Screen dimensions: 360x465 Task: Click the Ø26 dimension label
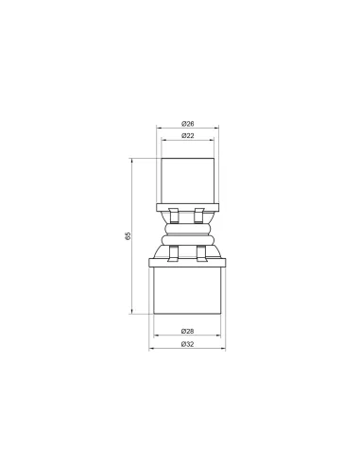pyautogui.click(x=188, y=124)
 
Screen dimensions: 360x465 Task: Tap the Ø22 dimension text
pyautogui.click(x=188, y=136)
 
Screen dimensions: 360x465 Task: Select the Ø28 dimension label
pyautogui.click(x=187, y=331)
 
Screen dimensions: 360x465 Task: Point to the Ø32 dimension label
pyautogui.click(x=187, y=344)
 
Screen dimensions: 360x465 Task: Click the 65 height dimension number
pyautogui.click(x=128, y=236)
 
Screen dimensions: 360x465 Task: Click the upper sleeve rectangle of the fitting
pyautogui.click(x=188, y=181)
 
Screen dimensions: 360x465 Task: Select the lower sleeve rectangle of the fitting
pyautogui.click(x=187, y=290)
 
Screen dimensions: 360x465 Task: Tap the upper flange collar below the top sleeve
pyautogui.click(x=188, y=207)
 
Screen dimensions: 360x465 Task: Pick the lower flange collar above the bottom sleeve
pyautogui.click(x=187, y=263)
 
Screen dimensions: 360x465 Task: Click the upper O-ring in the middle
pyautogui.click(x=187, y=229)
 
